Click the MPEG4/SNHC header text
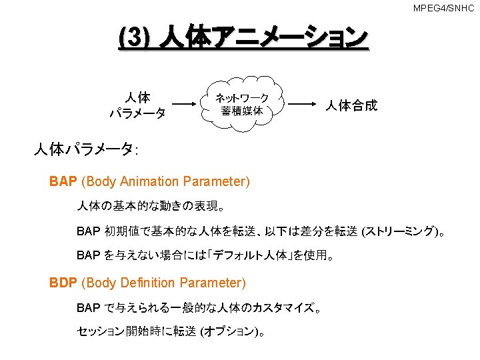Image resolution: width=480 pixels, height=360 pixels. click(x=443, y=8)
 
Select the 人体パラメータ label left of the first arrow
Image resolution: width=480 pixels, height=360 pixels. click(x=138, y=105)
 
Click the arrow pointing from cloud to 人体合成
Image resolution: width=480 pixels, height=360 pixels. click(x=304, y=104)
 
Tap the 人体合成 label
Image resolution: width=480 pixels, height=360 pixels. click(x=351, y=105)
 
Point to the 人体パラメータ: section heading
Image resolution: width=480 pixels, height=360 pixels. click(x=86, y=149)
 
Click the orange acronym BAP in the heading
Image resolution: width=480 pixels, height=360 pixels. click(x=63, y=181)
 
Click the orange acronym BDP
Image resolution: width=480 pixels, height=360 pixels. click(x=63, y=283)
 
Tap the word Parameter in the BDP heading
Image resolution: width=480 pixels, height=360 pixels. click(x=215, y=283)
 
